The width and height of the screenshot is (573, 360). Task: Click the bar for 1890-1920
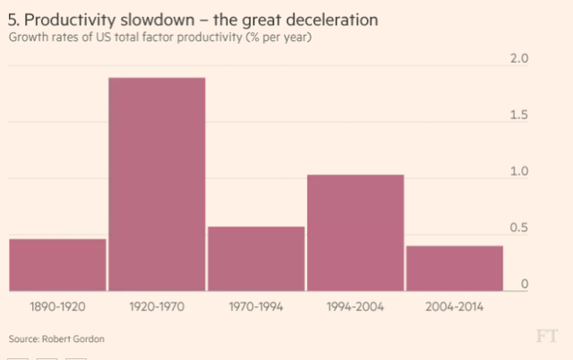point(57,265)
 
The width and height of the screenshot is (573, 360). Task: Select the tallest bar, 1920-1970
point(157,184)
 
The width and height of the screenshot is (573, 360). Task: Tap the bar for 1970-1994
point(256,259)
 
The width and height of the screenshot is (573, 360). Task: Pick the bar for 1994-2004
point(355,233)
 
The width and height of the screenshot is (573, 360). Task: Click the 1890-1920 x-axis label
point(57,307)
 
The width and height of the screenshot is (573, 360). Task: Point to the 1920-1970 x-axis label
point(157,307)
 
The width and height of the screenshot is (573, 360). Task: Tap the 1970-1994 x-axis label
point(256,307)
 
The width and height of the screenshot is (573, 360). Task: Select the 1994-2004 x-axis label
point(355,307)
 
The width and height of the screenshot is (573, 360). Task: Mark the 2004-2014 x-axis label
point(455,307)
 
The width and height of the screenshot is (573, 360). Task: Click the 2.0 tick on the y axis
point(519,59)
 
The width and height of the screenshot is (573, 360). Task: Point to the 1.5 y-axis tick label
point(519,116)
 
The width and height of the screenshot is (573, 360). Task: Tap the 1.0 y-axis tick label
point(519,172)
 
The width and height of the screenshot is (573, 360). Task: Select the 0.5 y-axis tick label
point(519,228)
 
